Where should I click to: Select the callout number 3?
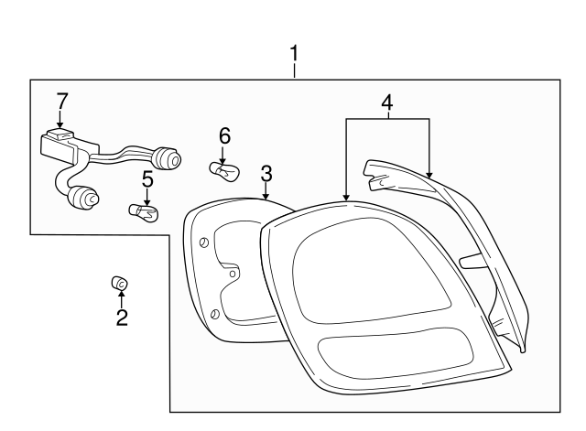point(266,172)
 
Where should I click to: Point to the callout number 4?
point(387,103)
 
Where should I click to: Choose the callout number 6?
point(223,135)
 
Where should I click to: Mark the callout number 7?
point(61,100)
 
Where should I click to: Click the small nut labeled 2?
point(119,285)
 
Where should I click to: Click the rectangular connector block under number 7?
point(60,144)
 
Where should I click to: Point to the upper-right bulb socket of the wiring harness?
point(168,161)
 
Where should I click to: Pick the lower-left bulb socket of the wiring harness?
point(86,195)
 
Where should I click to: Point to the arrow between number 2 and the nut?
point(121,299)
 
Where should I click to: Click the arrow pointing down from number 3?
point(266,189)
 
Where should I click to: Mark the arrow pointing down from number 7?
point(61,118)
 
